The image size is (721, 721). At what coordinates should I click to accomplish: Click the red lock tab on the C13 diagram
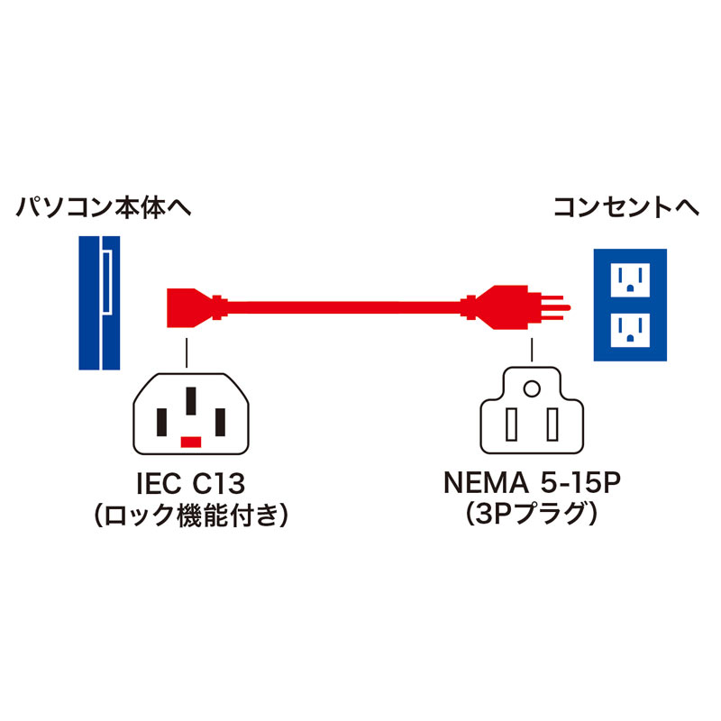pos(190,442)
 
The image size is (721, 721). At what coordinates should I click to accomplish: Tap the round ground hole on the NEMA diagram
pos(532,389)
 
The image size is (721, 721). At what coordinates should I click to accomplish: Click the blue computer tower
pos(100,303)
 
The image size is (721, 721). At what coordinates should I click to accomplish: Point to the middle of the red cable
pos(342,306)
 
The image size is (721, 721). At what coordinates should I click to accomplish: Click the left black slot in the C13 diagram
pos(161,421)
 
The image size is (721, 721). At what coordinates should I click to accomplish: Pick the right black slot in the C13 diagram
pos(219,421)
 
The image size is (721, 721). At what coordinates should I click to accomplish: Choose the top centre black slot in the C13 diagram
pos(190,401)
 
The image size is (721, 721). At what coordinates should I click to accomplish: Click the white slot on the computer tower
pos(106,283)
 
